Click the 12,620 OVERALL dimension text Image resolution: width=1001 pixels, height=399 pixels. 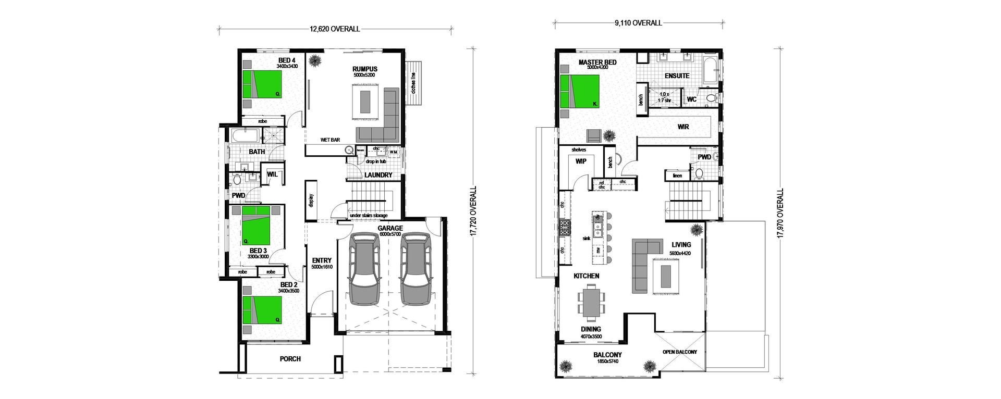click(335, 29)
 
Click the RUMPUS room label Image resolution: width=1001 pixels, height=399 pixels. click(364, 69)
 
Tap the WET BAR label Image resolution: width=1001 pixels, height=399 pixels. click(330, 140)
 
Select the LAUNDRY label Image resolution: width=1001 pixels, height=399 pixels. click(379, 175)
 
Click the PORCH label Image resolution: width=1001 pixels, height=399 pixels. click(290, 359)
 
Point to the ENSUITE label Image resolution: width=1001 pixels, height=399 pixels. click(677, 76)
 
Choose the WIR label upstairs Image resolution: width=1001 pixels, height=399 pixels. click(683, 127)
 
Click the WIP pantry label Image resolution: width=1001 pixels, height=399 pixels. click(581, 161)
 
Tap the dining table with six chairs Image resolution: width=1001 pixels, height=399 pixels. click(591, 305)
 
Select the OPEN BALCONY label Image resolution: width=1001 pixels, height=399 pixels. click(679, 352)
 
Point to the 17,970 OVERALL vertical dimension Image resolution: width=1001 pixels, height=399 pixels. click(780, 214)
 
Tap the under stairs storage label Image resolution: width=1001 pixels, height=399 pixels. click(369, 215)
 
